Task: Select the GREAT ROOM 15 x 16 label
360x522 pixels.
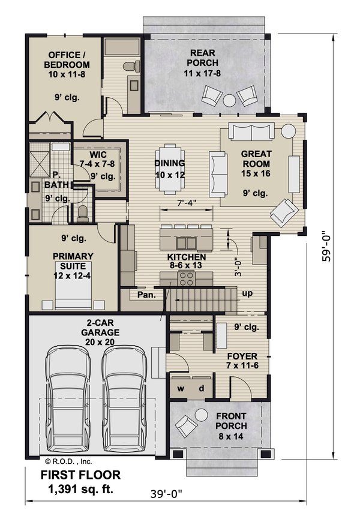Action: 256,158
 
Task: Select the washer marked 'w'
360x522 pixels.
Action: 180,388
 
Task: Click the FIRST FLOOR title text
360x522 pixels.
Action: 80,475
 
